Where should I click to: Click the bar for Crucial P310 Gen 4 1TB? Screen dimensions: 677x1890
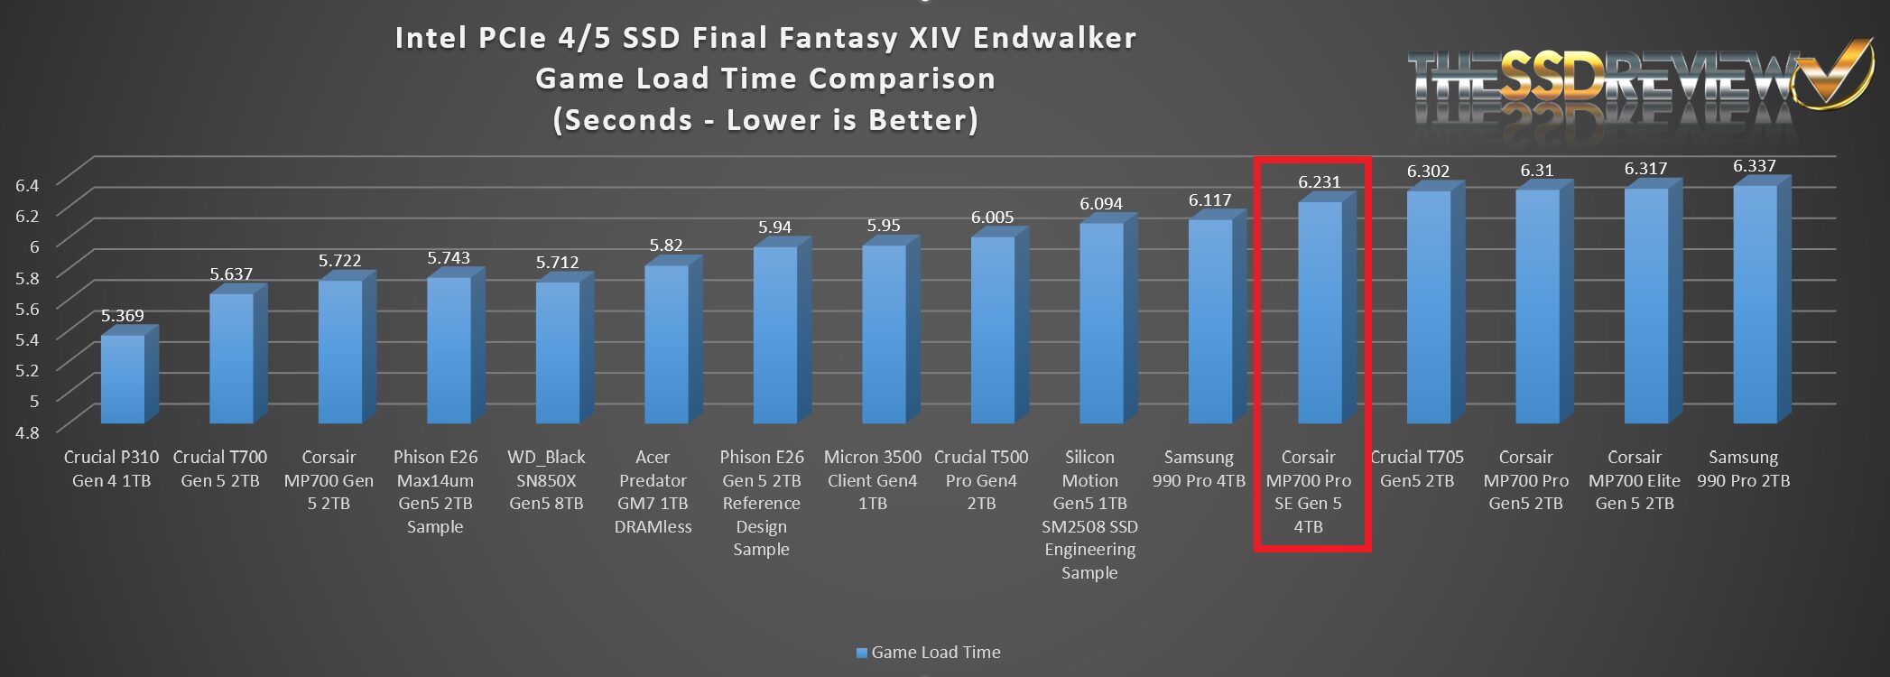coord(123,379)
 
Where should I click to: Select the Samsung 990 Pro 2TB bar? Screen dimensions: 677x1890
coord(1756,304)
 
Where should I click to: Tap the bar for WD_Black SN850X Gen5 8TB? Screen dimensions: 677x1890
coord(558,353)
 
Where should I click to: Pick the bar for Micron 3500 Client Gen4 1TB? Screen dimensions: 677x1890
coord(885,334)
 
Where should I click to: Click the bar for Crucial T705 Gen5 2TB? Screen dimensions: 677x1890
coord(1429,307)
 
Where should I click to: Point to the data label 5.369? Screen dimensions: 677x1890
coord(122,316)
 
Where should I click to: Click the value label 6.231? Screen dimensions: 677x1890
coord(1320,182)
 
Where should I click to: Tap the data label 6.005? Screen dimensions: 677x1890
coord(992,218)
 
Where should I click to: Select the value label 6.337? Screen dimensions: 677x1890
coord(1755,166)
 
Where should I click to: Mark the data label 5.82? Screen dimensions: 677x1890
coord(666,246)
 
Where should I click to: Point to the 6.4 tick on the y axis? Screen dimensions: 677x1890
coord(27,185)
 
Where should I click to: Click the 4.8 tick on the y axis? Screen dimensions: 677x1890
coord(27,431)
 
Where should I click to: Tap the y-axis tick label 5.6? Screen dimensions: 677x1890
coord(27,308)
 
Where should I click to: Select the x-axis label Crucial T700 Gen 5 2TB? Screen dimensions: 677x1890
coord(220,468)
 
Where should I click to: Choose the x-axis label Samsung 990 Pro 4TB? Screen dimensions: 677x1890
coord(1199,468)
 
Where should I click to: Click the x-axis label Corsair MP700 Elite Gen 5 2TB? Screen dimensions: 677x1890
coord(1634,480)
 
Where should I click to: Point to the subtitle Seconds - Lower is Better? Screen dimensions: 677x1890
coord(765,120)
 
